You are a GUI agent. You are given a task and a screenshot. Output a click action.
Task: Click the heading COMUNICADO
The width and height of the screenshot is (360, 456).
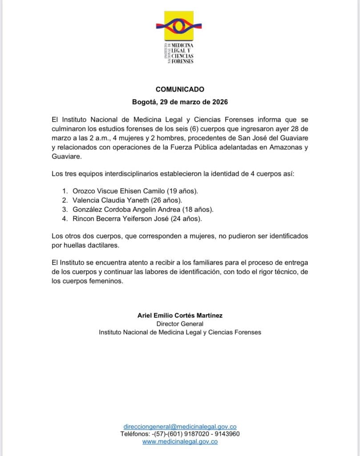pyautogui.click(x=180, y=89)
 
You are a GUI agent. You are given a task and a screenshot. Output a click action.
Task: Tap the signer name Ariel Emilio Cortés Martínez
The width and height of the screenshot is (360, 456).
pyautogui.click(x=180, y=315)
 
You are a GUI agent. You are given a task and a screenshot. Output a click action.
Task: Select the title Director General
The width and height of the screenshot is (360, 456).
pyautogui.click(x=180, y=324)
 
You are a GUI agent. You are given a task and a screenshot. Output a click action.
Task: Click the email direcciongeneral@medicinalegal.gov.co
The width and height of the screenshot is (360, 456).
pyautogui.click(x=180, y=426)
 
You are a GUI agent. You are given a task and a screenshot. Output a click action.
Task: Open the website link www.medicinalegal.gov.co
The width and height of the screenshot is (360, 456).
pyautogui.click(x=180, y=441)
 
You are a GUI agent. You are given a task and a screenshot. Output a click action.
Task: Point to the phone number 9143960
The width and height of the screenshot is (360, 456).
pyautogui.click(x=228, y=434)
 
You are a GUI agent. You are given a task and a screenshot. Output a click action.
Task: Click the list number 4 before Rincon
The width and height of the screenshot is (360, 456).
pyautogui.click(x=64, y=219)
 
